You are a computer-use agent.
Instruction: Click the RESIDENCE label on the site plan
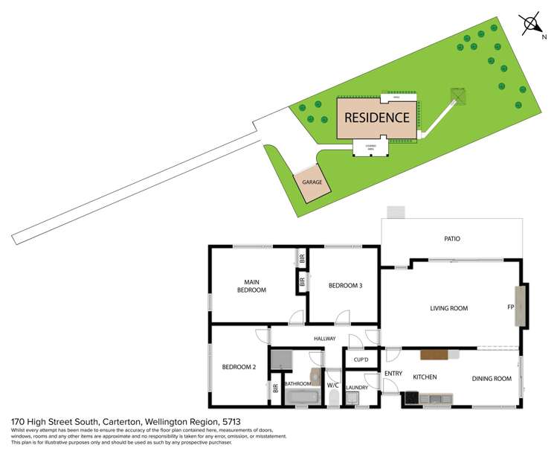pyautogui.click(x=376, y=117)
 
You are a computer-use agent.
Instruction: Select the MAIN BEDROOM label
pyautogui.click(x=251, y=286)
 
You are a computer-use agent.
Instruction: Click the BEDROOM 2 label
pyautogui.click(x=239, y=367)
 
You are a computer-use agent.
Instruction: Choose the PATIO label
pyautogui.click(x=452, y=239)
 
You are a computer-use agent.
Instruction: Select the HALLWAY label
pyautogui.click(x=324, y=339)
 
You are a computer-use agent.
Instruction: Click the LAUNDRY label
pyautogui.click(x=358, y=387)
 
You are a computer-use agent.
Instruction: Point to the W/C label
pyautogui.click(x=333, y=385)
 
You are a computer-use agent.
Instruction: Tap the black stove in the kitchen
pyautogui.click(x=411, y=400)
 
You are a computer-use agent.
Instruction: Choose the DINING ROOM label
pyautogui.click(x=492, y=379)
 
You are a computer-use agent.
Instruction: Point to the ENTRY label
pyautogui.click(x=393, y=372)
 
